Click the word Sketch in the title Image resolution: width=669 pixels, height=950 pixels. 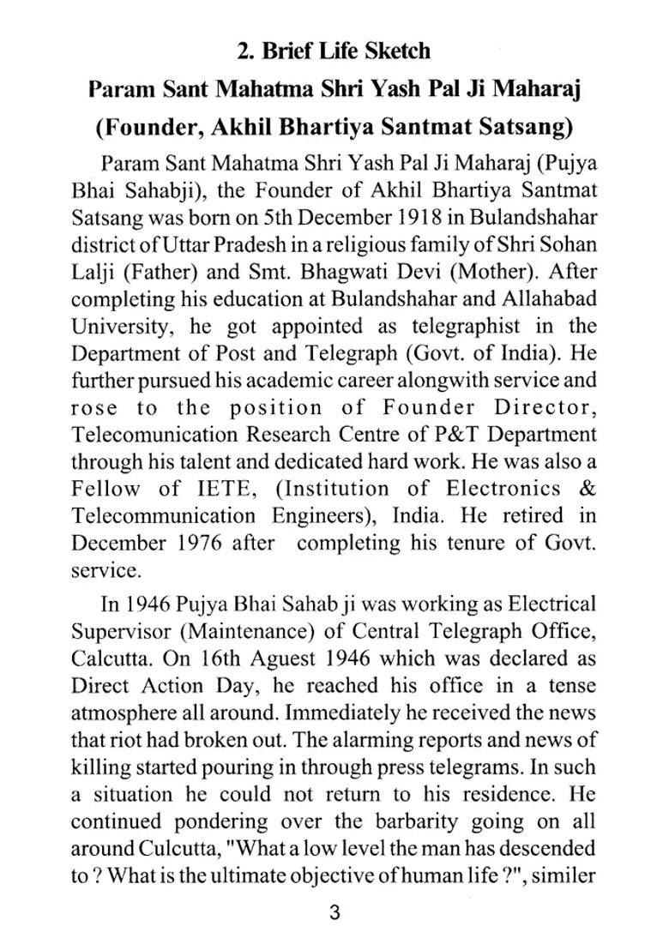393,51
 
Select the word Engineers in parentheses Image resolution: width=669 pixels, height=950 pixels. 314,516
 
